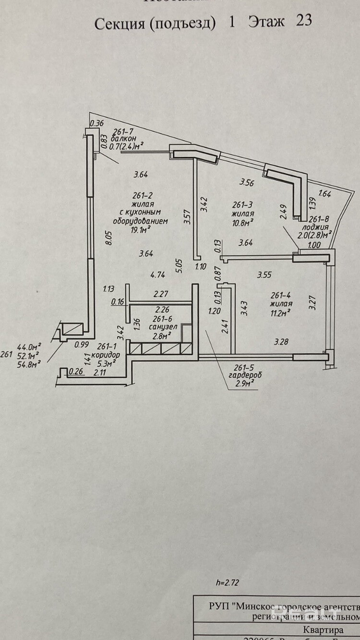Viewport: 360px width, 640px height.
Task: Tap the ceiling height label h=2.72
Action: point(227,583)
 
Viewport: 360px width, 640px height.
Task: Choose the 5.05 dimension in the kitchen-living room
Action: point(179,266)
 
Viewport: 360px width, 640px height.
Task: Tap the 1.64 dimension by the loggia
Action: point(325,194)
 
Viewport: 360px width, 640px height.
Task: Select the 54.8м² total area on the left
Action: point(29,363)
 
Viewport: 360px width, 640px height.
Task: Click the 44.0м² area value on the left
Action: point(29,346)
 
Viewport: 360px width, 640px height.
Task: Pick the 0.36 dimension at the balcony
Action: point(97,123)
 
